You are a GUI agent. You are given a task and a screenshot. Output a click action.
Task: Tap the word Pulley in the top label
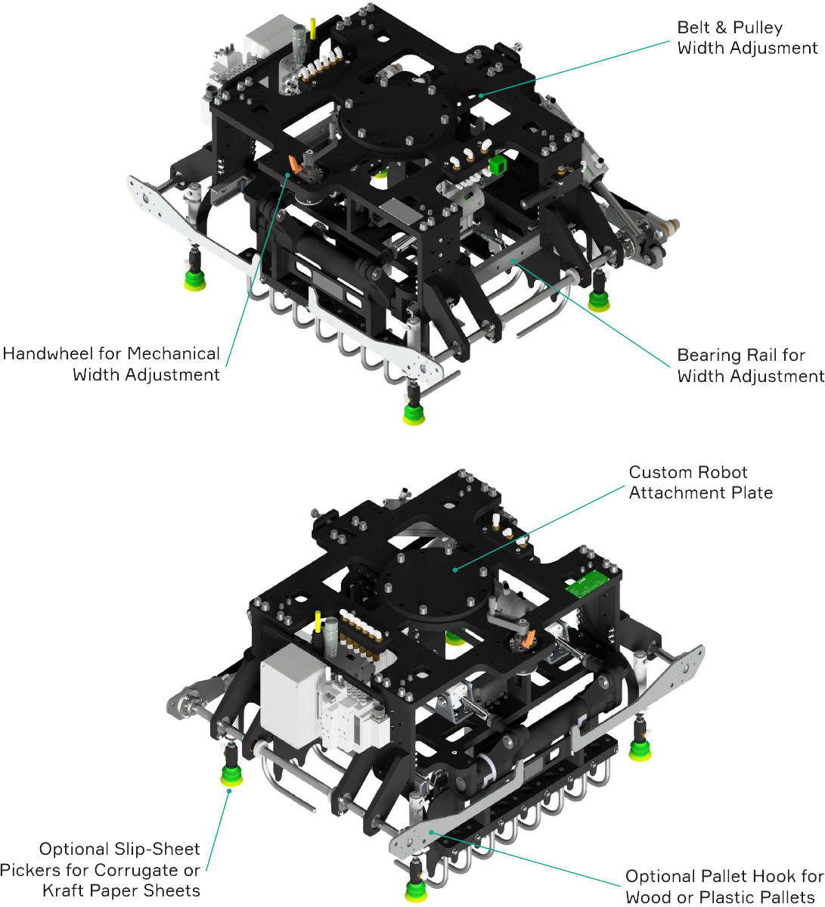click(x=758, y=28)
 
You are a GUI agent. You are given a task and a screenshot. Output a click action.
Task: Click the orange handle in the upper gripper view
click(x=295, y=165)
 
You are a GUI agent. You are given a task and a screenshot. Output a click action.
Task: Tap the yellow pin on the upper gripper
click(x=313, y=29)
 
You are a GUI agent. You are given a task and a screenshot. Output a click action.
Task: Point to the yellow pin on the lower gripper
click(x=318, y=622)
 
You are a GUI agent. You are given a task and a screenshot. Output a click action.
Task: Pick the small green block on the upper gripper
click(x=498, y=165)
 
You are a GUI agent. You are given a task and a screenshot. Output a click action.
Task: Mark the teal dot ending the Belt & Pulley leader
click(x=480, y=95)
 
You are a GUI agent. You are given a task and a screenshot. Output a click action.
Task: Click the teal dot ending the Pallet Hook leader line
click(x=431, y=832)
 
